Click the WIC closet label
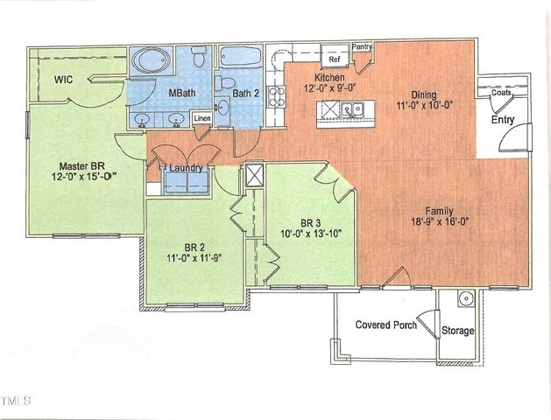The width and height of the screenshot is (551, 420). point(63,80)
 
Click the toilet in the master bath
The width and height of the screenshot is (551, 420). point(200,57)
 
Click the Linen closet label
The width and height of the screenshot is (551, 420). point(201,117)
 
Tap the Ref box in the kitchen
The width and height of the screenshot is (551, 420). point(334,59)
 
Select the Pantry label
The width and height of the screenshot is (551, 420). point(362,46)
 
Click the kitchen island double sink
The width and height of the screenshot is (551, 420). point(354,110)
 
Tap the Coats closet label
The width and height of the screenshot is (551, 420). point(501,92)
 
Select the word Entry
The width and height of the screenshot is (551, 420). point(504,121)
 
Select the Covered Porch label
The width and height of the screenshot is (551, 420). point(384,325)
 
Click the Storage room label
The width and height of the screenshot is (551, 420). point(458,331)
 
